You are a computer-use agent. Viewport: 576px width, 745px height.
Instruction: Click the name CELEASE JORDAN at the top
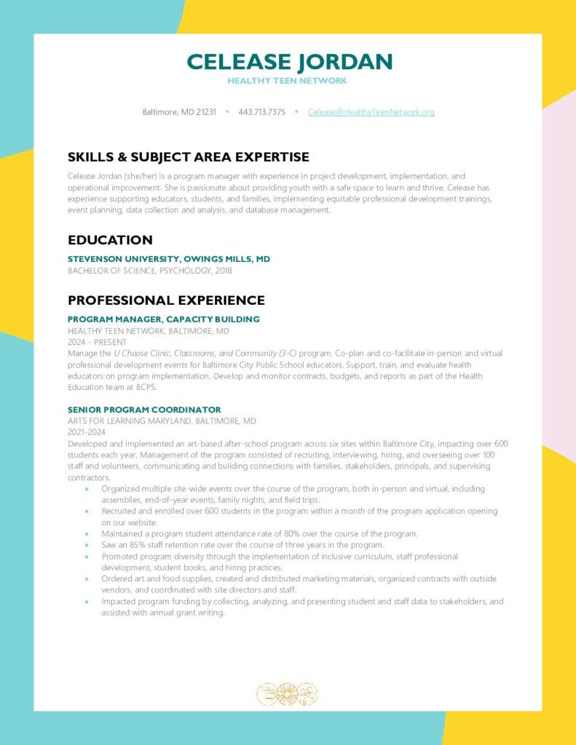(x=289, y=62)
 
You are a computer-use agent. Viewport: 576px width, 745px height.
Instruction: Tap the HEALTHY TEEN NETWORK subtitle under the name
(x=287, y=81)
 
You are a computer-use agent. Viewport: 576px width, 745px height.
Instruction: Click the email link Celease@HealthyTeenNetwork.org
(x=371, y=112)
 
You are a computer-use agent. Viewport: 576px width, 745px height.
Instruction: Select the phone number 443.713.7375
(x=261, y=112)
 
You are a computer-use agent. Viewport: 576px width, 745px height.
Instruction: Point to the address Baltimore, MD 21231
(x=178, y=112)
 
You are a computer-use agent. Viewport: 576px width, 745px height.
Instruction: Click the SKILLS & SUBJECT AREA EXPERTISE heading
(x=188, y=157)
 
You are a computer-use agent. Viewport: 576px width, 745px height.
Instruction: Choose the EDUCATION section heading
(x=110, y=240)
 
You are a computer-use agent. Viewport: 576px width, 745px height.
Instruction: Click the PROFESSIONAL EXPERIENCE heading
(x=166, y=300)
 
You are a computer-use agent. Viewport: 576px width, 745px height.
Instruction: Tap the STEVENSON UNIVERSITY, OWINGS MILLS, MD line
(x=169, y=259)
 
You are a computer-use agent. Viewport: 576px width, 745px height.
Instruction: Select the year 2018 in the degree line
(x=223, y=271)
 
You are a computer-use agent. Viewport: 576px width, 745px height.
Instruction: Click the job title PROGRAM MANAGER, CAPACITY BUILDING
(x=163, y=319)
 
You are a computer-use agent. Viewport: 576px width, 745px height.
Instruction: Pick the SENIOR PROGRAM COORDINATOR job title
(x=144, y=410)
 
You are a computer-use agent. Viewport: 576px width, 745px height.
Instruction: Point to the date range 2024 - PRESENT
(x=97, y=342)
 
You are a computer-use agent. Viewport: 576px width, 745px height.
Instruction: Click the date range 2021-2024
(x=87, y=432)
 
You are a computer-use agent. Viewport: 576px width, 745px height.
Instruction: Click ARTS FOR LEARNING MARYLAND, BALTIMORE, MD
(x=162, y=421)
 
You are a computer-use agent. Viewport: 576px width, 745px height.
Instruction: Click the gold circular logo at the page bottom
(x=288, y=694)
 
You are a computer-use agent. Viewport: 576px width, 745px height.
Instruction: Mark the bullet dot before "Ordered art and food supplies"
(x=87, y=579)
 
